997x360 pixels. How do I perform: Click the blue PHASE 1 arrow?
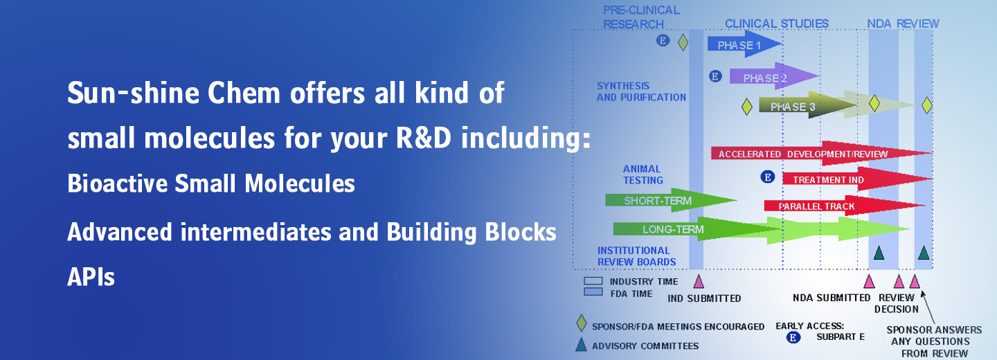click(744, 44)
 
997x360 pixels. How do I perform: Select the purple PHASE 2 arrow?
click(773, 76)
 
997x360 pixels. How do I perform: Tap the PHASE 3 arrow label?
click(793, 107)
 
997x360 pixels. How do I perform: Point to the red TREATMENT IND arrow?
click(857, 179)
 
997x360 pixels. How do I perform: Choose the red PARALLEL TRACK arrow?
click(845, 206)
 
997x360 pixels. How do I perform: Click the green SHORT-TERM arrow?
click(670, 200)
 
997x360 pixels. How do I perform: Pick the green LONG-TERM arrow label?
click(672, 229)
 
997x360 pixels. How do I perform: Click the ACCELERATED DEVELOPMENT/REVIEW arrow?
click(821, 154)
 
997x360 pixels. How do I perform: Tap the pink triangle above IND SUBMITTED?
click(699, 282)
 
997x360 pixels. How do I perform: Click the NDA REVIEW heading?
click(903, 24)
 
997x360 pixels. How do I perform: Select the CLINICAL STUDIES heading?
click(777, 24)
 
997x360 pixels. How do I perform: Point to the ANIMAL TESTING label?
click(643, 174)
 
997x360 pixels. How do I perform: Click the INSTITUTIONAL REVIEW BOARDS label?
click(636, 256)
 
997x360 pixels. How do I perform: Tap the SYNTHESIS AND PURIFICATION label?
click(641, 91)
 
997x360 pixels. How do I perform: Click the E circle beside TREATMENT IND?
click(767, 177)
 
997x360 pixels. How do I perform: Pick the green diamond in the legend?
click(582, 323)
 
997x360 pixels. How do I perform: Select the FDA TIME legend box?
click(593, 292)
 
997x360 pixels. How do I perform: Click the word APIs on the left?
click(91, 277)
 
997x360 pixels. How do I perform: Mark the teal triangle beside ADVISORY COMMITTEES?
click(581, 345)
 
